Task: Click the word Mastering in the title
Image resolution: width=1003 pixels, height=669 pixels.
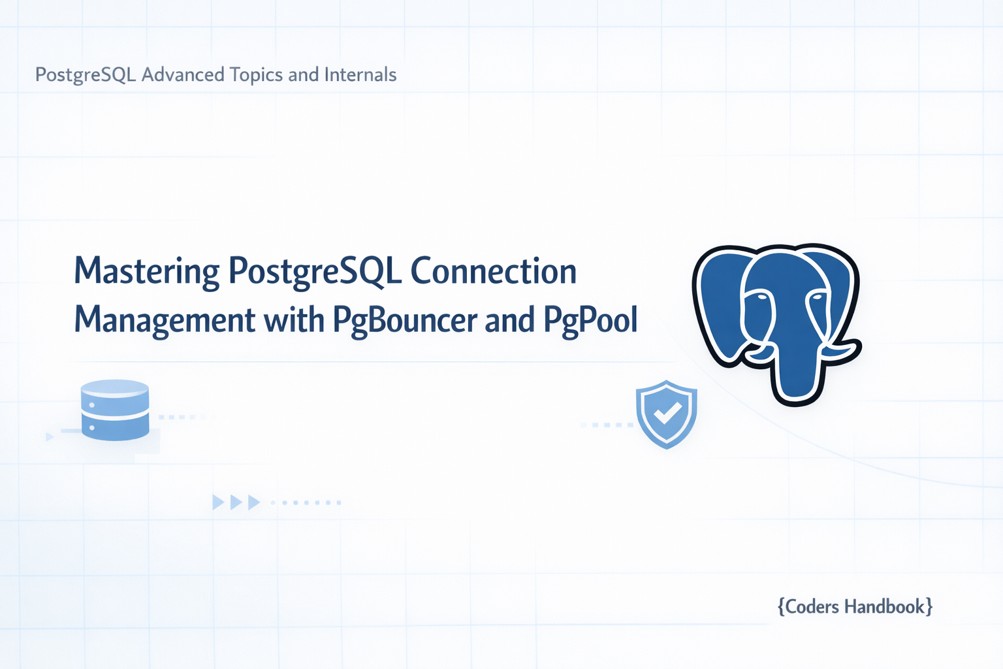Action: pos(147,271)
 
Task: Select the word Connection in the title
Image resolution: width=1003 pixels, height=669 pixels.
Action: pos(494,271)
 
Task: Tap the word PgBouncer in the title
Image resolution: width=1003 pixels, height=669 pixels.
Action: pos(406,320)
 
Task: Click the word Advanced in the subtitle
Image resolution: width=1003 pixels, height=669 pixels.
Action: pos(183,75)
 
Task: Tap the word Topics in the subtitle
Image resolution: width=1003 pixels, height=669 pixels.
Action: pos(256,75)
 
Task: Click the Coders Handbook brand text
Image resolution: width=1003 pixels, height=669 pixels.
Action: pos(855,607)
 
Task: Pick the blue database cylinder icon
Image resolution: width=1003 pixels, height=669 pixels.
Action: pos(115,410)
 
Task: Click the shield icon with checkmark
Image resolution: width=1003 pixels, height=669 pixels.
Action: pos(666,414)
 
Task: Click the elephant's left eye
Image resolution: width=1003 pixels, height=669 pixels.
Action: pos(758,297)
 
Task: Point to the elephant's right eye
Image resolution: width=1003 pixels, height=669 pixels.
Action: pos(818,297)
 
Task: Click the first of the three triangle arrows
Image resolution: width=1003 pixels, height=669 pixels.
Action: pos(218,502)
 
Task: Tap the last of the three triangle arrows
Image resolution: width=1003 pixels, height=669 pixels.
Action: pos(253,502)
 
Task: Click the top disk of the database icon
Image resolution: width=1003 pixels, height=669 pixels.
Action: pos(115,387)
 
